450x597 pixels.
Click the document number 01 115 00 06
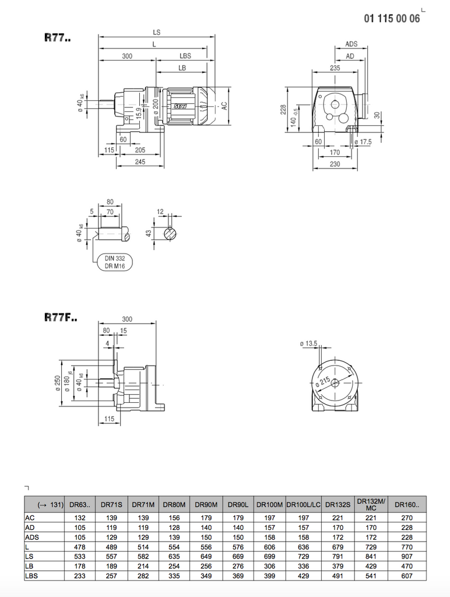click(x=391, y=19)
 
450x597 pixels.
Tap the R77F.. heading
click(x=61, y=318)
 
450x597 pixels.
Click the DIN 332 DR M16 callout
click(x=114, y=261)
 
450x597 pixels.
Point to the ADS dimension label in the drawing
click(x=351, y=44)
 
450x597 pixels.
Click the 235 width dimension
click(x=335, y=68)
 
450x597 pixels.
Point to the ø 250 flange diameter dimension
click(x=58, y=385)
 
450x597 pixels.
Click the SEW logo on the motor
click(x=179, y=106)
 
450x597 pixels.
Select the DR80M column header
click(x=174, y=504)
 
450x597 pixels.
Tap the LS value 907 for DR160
click(x=407, y=556)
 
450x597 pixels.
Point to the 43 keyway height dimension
click(x=148, y=233)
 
